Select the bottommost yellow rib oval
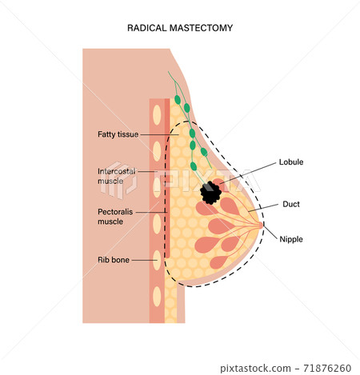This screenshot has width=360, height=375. pyautogui.click(x=156, y=300)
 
